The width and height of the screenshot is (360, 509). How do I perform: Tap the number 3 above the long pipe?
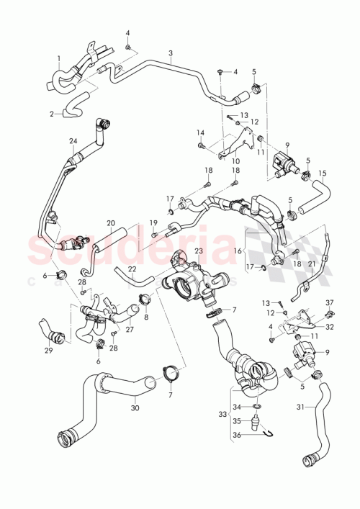(171, 55)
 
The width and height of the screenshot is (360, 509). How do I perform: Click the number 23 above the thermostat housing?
(198, 251)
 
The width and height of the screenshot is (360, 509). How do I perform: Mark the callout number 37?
(330, 302)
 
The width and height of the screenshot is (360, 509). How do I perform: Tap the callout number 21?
(312, 264)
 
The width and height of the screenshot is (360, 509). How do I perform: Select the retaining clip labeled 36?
(266, 432)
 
